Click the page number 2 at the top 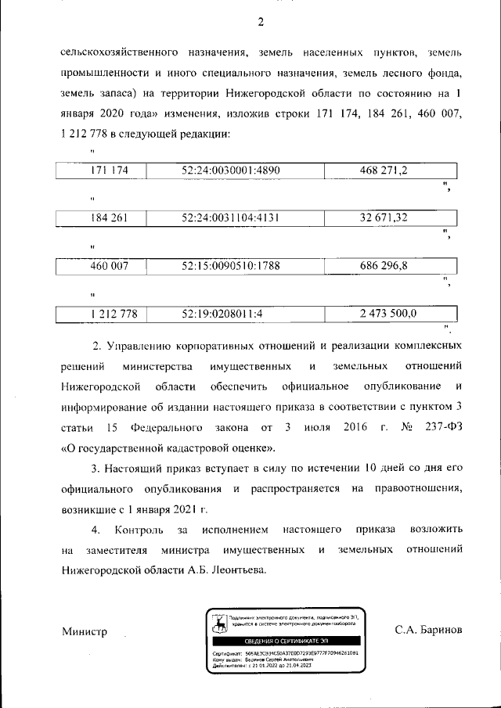261,21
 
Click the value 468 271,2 384,170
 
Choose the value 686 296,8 384,266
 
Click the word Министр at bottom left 84,631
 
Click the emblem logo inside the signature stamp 218,623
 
